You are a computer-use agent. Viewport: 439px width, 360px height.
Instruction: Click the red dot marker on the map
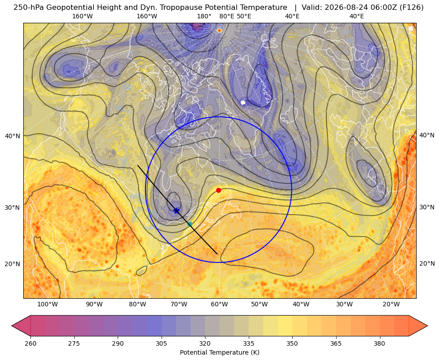[219, 190]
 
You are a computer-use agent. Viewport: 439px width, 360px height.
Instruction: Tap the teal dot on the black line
[190, 224]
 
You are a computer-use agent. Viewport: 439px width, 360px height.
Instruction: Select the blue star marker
[176, 211]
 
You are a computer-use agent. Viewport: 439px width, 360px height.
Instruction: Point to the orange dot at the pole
[219, 30]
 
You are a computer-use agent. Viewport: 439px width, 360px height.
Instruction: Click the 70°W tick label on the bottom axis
[179, 304]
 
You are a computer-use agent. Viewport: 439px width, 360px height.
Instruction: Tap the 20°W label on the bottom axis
[391, 304]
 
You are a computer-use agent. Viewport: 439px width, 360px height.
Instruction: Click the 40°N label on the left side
[13, 136]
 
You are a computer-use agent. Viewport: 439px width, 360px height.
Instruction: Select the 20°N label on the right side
[427, 263]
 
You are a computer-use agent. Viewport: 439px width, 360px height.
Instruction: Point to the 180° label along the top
[204, 16]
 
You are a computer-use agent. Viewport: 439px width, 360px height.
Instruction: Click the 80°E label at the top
[226, 16]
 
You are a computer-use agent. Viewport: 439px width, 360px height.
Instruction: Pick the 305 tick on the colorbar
[161, 343]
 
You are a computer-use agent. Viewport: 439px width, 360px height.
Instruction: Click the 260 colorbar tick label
[30, 343]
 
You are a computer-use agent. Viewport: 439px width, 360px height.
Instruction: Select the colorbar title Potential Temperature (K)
[219, 352]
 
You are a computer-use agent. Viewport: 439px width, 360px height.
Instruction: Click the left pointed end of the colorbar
[12, 326]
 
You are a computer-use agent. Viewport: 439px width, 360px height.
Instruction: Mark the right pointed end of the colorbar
[427, 326]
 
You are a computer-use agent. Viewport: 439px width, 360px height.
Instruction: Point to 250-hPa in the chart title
[29, 8]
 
